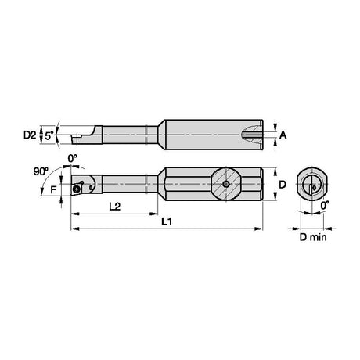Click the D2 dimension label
pos(30,135)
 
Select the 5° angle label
pos(49,135)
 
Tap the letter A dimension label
pos(283,135)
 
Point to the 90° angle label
pos(41,171)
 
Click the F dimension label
pos(53,189)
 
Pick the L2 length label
pos(114,207)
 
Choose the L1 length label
pos(167,221)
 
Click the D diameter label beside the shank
pos(283,185)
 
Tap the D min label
pos(313,237)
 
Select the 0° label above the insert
pos(73,158)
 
